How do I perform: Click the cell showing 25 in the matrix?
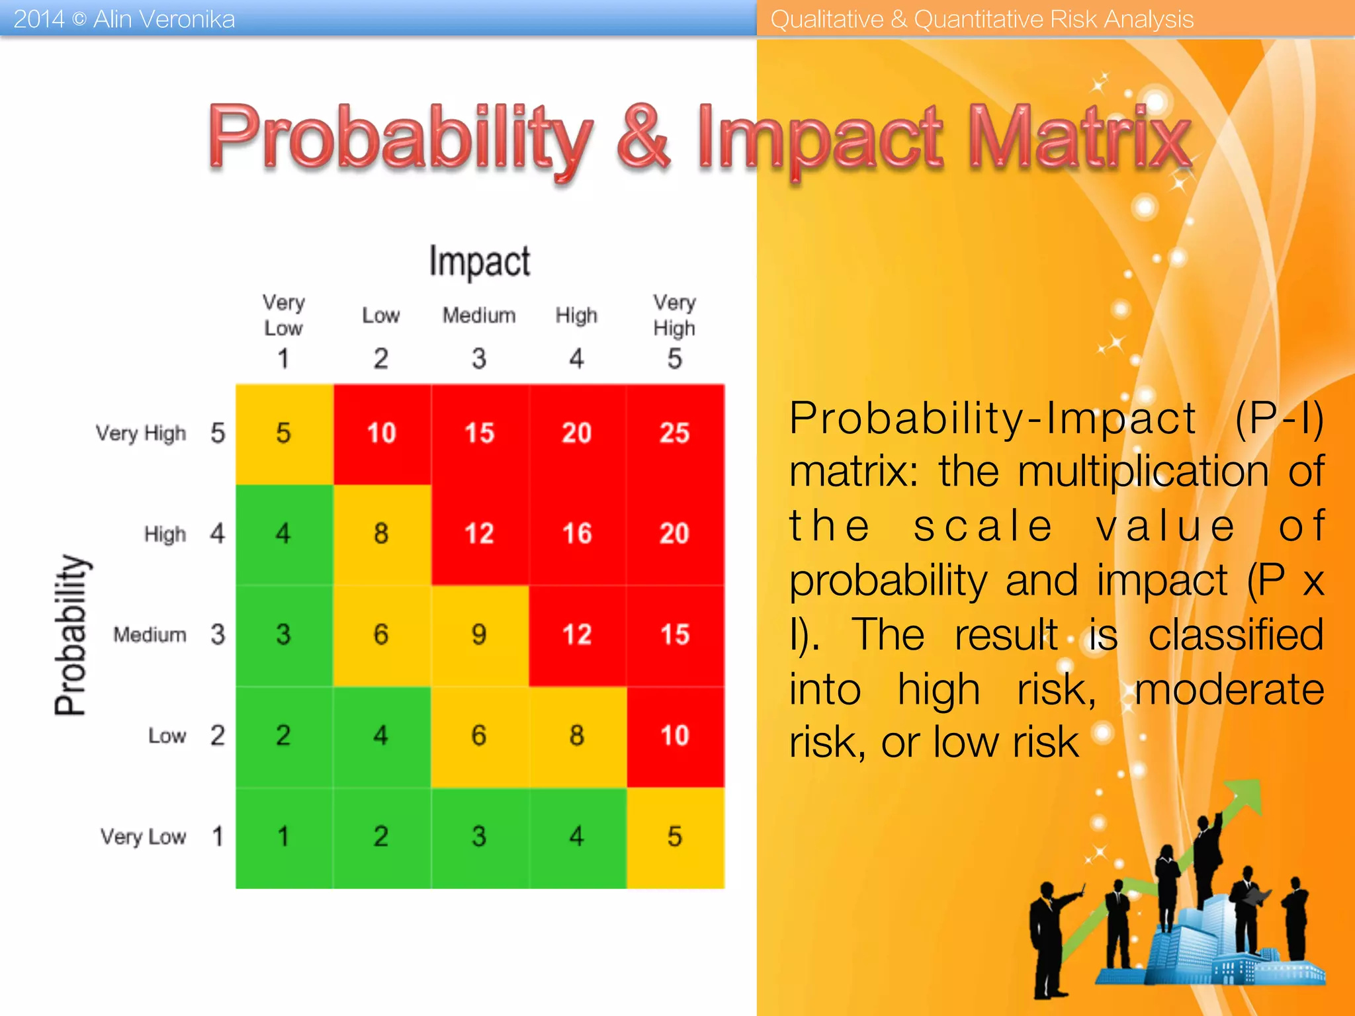[674, 433]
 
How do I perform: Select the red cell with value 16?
[576, 534]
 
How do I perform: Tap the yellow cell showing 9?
[479, 635]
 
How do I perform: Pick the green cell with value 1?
[283, 837]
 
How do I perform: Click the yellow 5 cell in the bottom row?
[674, 837]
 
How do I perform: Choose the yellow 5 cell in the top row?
[283, 433]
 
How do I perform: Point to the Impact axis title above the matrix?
[479, 261]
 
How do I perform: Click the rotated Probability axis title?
[71, 635]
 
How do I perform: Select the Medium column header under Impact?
[479, 316]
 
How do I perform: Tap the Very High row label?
[141, 433]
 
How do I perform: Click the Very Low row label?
[143, 837]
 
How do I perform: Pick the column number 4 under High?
[576, 359]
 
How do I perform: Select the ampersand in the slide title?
[643, 139]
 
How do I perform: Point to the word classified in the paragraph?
[1235, 635]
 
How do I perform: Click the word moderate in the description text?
[1229, 689]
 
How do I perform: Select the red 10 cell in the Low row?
[674, 736]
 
